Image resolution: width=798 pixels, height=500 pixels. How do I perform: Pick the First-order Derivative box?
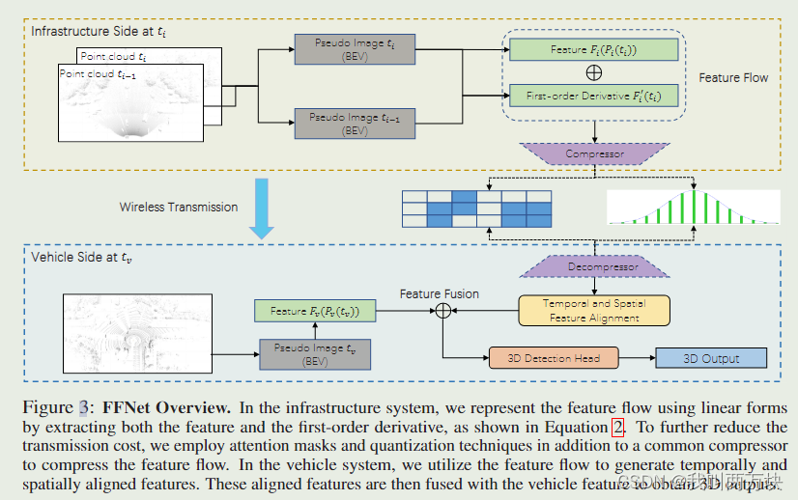(593, 95)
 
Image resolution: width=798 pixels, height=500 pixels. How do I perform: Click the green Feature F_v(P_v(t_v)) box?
(315, 311)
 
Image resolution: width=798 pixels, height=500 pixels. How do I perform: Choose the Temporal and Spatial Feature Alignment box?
(594, 310)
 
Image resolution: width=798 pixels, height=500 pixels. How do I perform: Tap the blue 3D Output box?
(711, 358)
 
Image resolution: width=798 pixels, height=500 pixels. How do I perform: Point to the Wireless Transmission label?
(179, 207)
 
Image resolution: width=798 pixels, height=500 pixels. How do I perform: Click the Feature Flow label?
(734, 77)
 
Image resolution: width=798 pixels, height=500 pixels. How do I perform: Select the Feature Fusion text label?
(440, 292)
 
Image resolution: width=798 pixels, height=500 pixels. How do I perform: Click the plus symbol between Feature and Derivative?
(593, 72)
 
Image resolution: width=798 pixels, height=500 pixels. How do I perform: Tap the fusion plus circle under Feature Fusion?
(443, 311)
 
